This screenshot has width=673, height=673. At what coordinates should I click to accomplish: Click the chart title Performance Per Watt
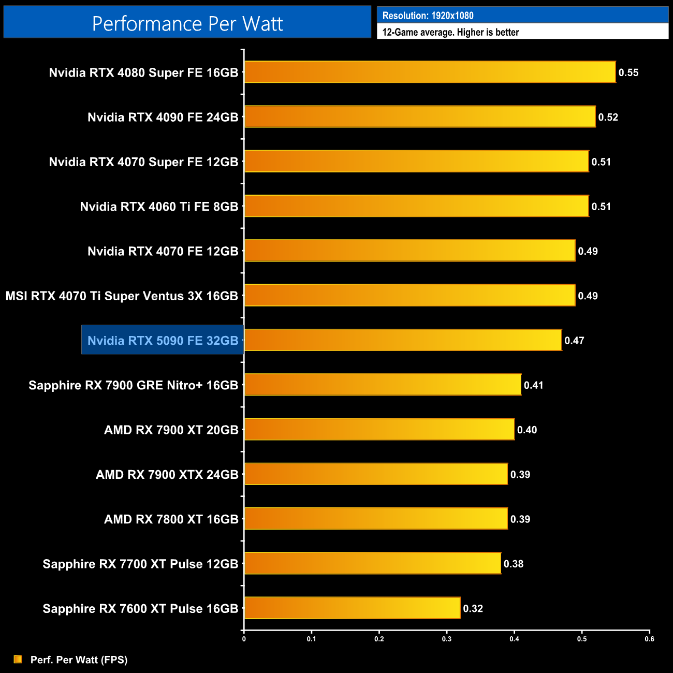pyautogui.click(x=187, y=24)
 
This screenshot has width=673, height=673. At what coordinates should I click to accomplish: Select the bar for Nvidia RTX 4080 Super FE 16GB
pyautogui.click(x=430, y=72)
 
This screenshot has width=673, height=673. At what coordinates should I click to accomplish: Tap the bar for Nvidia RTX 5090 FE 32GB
pyautogui.click(x=403, y=340)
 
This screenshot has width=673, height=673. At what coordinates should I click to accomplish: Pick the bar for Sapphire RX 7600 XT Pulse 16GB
pyautogui.click(x=352, y=608)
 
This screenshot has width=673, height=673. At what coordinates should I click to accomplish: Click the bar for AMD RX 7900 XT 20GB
pyautogui.click(x=379, y=429)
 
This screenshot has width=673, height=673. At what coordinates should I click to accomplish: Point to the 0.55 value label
pyautogui.click(x=628, y=72)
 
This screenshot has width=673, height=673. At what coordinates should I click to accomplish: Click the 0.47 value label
pyautogui.click(x=574, y=341)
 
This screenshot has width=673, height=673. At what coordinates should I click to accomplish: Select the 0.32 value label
pyautogui.click(x=473, y=608)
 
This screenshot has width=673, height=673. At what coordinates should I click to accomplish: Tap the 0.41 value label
pyautogui.click(x=533, y=385)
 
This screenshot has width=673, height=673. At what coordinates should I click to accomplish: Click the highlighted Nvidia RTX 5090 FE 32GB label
pyautogui.click(x=163, y=340)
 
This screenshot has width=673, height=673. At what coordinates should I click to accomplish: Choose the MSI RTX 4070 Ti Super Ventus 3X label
pyautogui.click(x=122, y=296)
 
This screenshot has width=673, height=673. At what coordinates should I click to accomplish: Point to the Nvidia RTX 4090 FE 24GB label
pyautogui.click(x=163, y=117)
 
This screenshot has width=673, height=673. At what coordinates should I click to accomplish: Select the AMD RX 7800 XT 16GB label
pyautogui.click(x=171, y=519)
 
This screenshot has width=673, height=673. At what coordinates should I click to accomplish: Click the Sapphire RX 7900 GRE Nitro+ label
pyautogui.click(x=133, y=385)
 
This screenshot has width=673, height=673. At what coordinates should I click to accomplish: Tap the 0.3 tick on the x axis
pyautogui.click(x=447, y=639)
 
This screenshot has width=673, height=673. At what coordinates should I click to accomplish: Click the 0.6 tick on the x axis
pyautogui.click(x=649, y=639)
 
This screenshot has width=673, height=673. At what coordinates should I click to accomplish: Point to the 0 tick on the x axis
pyautogui.click(x=244, y=639)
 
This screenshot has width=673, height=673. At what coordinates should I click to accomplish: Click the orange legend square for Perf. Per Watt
pyautogui.click(x=18, y=659)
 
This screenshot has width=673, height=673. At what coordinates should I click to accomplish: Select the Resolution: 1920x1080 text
pyautogui.click(x=428, y=16)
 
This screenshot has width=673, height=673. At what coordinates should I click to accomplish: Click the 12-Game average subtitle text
pyautogui.click(x=450, y=32)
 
